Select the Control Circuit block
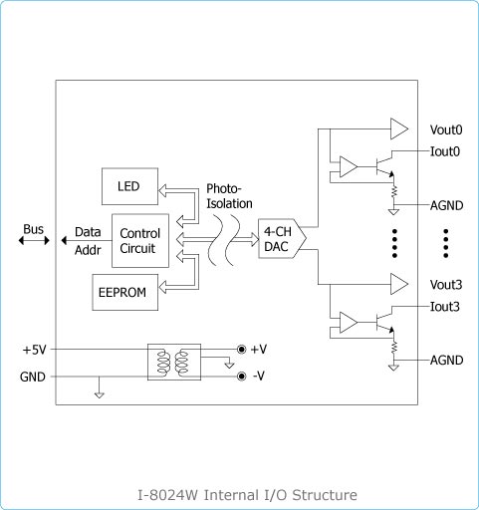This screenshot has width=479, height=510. pos(140,241)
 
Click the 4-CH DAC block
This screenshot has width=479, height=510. pos(282,238)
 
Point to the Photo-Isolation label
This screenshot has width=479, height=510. pos(229,196)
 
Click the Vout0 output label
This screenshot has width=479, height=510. pos(446,129)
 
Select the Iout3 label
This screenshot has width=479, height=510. pos(445,307)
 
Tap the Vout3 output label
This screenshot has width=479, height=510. pos(446,285)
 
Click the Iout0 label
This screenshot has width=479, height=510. pos(445,151)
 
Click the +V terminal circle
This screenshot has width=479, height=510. pos(241,350)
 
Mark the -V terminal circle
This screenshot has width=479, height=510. pos(241,377)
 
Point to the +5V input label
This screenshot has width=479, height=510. pos(35,350)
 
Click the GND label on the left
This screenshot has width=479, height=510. pos(33,377)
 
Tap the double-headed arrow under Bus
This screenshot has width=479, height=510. pos(34,240)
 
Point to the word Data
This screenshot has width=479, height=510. pos(88,232)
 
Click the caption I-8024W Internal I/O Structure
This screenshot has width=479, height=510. pos(247,495)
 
